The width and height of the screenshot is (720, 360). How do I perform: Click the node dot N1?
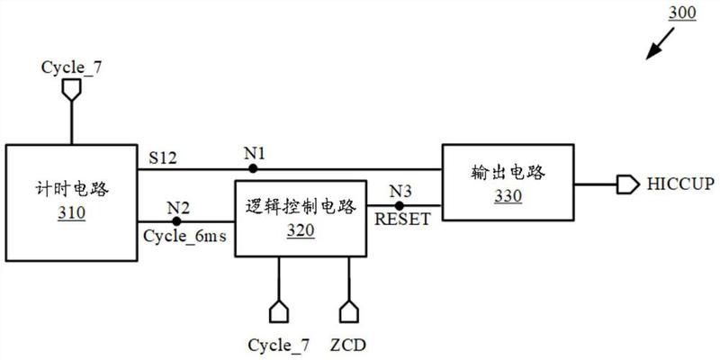pyautogui.click(x=254, y=167)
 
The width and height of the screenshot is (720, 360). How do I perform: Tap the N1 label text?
pyautogui.click(x=254, y=153)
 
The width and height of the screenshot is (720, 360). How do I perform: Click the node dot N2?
pyautogui.click(x=176, y=220)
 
